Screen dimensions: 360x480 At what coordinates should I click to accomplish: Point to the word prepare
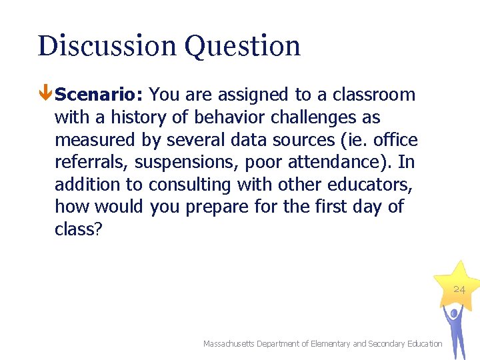pos(217,207)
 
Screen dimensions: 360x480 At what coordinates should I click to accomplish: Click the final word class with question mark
pos(78,229)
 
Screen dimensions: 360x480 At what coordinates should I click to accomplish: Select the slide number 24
pos(459,290)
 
